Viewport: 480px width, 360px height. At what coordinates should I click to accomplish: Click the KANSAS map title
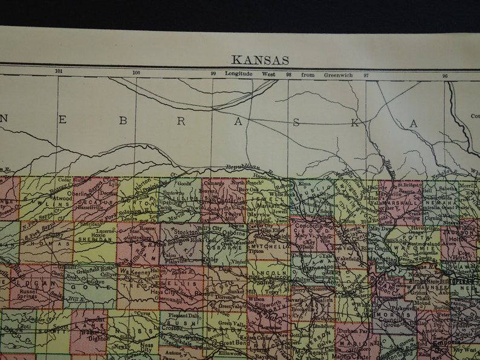[260, 60]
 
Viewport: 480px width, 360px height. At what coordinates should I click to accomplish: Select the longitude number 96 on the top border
[445, 76]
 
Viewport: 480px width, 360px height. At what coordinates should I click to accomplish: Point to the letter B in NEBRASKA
[123, 120]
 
